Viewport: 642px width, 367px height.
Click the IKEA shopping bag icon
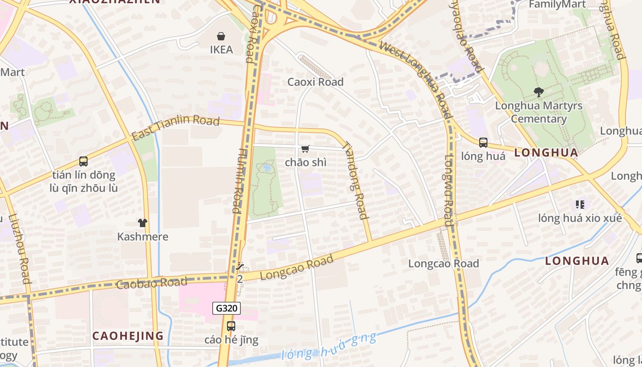[221, 36]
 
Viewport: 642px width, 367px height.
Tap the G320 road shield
[227, 308]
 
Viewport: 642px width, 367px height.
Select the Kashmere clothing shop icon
[143, 223]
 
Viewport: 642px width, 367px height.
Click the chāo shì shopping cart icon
[305, 149]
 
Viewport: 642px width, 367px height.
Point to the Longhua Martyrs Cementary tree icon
[539, 92]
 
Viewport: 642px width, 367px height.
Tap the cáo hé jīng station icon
[231, 326]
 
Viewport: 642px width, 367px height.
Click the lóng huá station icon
[483, 142]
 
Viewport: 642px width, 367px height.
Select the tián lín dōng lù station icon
[83, 161]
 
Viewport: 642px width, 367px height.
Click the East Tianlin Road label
[175, 128]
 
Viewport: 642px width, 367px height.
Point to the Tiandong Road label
[355, 180]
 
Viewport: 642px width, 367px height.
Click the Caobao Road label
[151, 284]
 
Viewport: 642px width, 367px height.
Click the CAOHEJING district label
[128, 336]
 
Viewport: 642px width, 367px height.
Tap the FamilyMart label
[557, 5]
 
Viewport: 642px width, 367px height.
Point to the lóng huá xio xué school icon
[580, 204]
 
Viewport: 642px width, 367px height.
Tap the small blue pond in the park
[266, 168]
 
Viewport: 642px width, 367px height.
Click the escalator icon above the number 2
[239, 266]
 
